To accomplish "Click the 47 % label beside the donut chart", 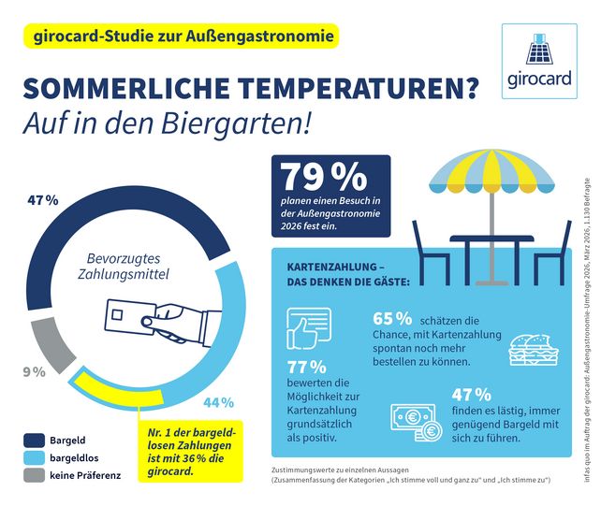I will click(43, 200).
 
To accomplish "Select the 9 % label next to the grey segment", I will click(33, 371).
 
